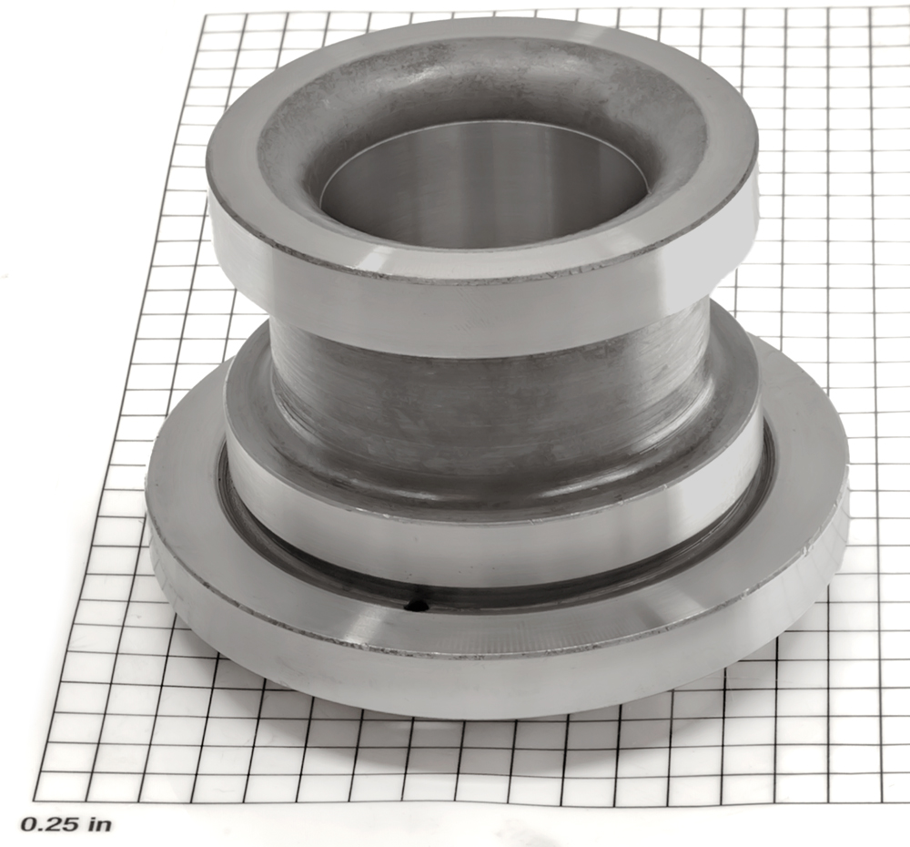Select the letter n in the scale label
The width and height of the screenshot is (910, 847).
(x=104, y=825)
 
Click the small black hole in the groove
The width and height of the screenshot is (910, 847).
(x=416, y=606)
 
